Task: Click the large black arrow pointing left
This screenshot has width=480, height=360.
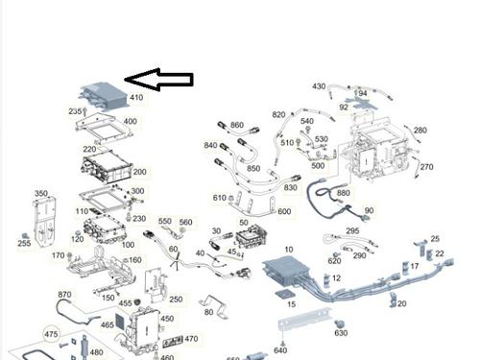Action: tap(160, 81)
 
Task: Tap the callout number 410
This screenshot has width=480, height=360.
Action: tap(135, 98)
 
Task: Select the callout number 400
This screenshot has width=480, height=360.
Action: tap(130, 122)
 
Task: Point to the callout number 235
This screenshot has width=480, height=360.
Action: tap(76, 111)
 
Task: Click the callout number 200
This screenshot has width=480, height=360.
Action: tap(139, 172)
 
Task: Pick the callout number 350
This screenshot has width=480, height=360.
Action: tap(41, 194)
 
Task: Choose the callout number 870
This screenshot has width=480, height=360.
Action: tap(65, 295)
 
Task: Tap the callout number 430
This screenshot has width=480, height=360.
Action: tap(319, 86)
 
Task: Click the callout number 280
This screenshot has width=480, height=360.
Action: tap(420, 130)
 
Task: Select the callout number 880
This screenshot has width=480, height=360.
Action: tap(343, 193)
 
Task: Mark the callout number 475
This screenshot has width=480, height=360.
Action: tap(51, 333)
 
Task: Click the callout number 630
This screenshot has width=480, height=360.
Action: tap(341, 333)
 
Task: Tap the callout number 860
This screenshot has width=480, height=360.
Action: tap(237, 126)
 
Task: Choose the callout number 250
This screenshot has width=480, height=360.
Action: tap(176, 300)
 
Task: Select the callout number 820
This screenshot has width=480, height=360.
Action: tap(278, 115)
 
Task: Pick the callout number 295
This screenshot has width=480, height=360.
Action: tap(352, 231)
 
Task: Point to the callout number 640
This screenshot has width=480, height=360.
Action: tap(280, 350)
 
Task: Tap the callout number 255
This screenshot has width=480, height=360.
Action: tap(24, 244)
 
